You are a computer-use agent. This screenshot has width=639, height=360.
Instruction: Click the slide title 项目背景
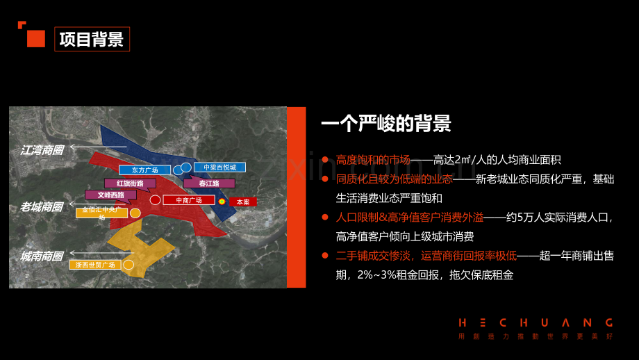point(92,39)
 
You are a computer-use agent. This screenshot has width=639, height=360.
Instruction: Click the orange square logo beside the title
point(34,36)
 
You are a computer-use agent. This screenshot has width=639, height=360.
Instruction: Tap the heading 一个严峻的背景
point(385,124)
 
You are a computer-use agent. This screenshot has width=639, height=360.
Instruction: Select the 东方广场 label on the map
point(144,170)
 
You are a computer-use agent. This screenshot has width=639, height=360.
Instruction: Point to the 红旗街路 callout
point(130,183)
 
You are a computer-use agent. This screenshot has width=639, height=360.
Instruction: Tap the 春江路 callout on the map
point(209,183)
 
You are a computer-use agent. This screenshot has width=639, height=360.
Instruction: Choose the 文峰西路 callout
point(110,195)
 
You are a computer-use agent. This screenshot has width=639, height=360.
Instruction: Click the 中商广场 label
point(188,200)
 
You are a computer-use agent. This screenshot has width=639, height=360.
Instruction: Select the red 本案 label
point(243,202)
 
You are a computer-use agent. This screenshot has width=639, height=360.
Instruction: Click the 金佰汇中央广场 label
point(102,212)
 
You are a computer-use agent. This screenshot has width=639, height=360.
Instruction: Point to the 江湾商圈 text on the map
point(42,149)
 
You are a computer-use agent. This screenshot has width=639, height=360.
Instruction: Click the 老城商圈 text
point(42,206)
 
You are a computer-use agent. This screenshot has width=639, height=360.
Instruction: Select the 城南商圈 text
point(42,256)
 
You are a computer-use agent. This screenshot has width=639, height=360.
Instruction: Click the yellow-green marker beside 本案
point(222,202)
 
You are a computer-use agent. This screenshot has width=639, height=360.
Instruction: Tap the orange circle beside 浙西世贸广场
point(128,265)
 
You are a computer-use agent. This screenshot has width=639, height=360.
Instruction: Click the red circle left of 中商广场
point(155,200)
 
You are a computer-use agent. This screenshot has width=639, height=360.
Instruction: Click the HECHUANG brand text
point(536,322)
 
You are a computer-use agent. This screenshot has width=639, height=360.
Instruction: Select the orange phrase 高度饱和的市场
point(372,160)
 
